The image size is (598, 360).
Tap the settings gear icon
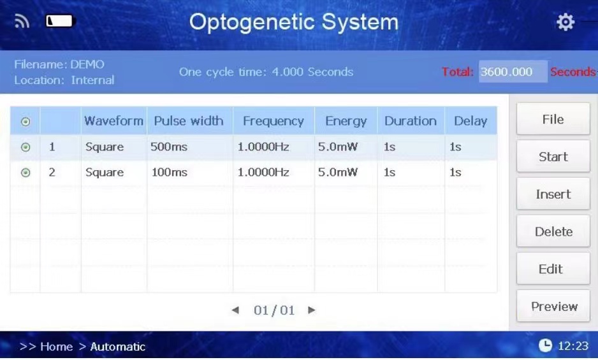(565, 22)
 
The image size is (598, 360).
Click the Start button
(553, 156)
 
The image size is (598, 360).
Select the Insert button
(553, 194)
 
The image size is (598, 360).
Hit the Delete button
(553, 231)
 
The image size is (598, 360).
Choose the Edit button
(553, 268)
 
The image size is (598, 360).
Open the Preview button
(553, 306)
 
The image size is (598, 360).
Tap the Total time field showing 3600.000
(513, 71)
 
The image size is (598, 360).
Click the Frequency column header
(273, 121)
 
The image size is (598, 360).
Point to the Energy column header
(346, 121)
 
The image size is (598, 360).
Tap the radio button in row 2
(26, 173)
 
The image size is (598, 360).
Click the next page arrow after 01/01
(312, 310)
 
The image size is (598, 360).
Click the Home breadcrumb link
(57, 346)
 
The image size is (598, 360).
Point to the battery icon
(61, 21)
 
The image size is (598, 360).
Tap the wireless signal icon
(22, 21)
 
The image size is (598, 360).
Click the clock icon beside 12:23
(545, 345)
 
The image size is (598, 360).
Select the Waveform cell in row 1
(105, 147)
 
